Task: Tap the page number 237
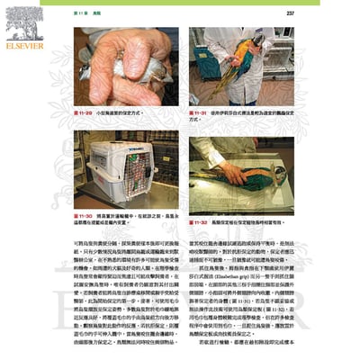coord(290,13)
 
